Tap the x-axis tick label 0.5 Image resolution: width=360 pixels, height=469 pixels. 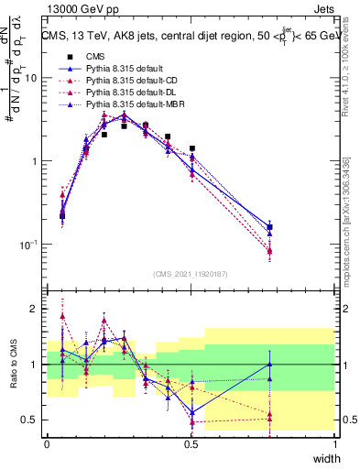point(191,443)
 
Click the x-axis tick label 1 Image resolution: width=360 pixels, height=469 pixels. point(335,443)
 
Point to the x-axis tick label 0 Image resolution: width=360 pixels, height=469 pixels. point(47,443)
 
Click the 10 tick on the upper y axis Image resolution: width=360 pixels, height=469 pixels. point(30,78)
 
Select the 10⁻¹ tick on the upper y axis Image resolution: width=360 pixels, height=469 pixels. point(28,245)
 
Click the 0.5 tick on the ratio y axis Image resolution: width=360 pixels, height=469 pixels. point(30,420)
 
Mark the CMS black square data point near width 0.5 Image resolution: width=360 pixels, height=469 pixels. point(191,148)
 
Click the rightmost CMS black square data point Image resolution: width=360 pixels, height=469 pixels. point(269,227)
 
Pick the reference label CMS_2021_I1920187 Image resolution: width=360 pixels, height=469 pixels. point(191,274)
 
